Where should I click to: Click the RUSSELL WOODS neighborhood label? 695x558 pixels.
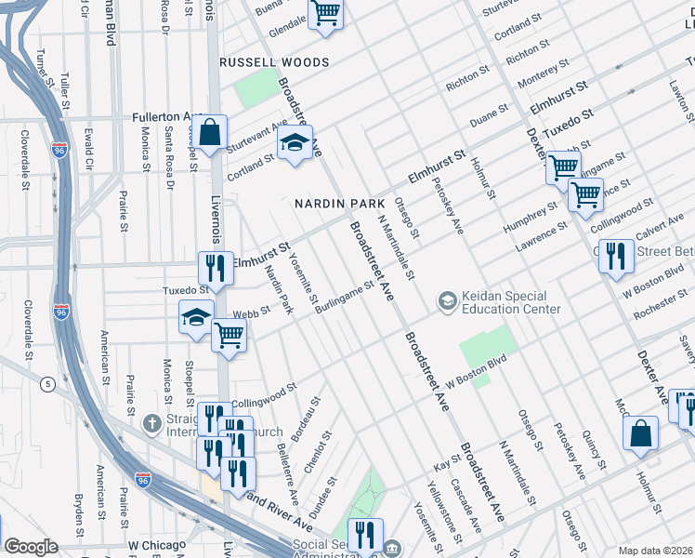[274, 62]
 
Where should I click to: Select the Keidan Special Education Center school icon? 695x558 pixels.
[447, 301]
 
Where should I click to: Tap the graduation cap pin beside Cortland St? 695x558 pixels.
[295, 144]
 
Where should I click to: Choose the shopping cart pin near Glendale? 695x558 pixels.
[326, 15]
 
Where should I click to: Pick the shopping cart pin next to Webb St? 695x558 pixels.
[229, 337]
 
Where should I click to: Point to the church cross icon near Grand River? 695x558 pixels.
[152, 423]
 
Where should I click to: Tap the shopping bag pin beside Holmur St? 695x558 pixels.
[641, 434]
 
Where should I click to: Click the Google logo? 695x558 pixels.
[31, 547]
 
